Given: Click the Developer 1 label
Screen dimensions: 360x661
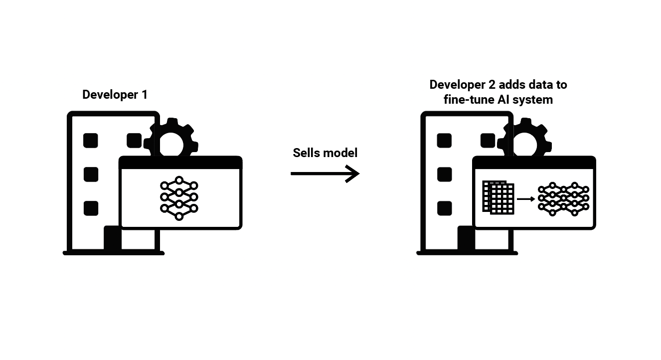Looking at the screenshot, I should (x=115, y=95).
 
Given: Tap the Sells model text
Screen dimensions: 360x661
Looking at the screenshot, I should (x=325, y=153).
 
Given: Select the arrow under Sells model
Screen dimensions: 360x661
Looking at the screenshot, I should (x=325, y=174).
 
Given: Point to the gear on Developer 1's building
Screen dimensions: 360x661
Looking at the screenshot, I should (x=171, y=139).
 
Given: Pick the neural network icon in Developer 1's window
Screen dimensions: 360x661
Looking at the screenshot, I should (x=179, y=198).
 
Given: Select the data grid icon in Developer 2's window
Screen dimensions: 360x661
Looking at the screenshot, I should (x=498, y=198).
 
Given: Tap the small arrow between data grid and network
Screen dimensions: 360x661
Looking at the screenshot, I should (x=525, y=199).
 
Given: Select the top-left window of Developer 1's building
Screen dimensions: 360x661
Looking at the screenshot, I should (x=91, y=141).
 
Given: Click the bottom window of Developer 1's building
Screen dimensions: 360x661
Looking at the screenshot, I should (x=91, y=208).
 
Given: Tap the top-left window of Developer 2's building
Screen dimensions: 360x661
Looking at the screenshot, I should (x=444, y=141).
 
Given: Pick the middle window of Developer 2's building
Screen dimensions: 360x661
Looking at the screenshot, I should (x=444, y=175).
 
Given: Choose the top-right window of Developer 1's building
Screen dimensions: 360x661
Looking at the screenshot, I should (x=134, y=141).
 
